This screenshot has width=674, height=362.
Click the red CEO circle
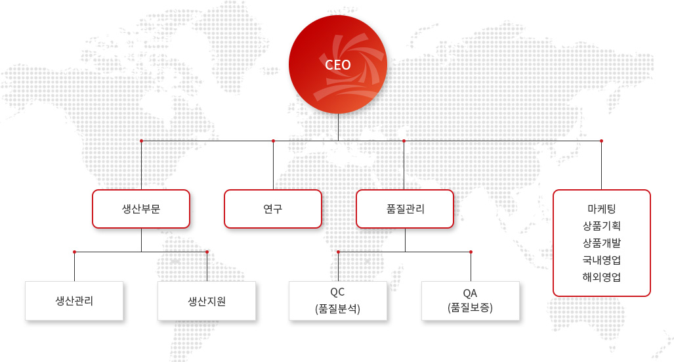click(338, 64)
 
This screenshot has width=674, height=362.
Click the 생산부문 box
click(141, 209)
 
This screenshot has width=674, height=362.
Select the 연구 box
click(273, 209)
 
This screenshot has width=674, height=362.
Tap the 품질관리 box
click(405, 209)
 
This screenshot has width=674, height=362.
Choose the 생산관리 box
click(74, 301)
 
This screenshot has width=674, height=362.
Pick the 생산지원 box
click(207, 301)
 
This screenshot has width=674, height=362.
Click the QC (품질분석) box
click(338, 301)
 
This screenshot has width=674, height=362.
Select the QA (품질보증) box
click(471, 301)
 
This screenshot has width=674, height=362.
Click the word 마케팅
click(602, 209)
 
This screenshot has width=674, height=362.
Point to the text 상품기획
click(602, 225)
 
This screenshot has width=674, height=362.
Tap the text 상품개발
click(602, 243)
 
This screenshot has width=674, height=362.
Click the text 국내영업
click(602, 260)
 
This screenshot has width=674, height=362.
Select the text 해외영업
click(602, 277)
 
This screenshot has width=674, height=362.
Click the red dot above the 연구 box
click(274, 141)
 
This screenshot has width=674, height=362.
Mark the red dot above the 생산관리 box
click(74, 252)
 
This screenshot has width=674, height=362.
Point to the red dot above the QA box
click(471, 252)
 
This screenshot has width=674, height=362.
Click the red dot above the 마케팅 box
click(601, 141)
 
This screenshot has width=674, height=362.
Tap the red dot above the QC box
click(338, 252)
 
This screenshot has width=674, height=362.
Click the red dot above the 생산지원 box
click(207, 252)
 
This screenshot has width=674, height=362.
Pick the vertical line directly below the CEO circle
click(338, 127)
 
